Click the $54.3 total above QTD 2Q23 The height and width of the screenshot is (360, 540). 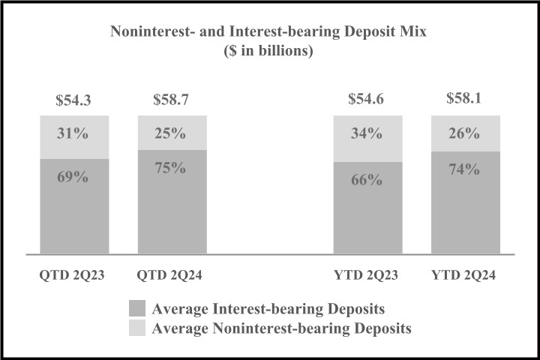coord(74,99)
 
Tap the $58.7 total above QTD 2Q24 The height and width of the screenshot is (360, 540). coord(172,99)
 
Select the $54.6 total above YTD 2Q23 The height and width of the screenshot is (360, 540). coord(367,99)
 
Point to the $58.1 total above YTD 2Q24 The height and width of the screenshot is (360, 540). coord(465,99)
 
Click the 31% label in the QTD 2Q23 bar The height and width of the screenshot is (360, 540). coord(74,135)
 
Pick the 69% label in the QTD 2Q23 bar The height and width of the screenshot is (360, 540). coord(74,178)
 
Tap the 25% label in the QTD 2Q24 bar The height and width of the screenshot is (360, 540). coord(172,135)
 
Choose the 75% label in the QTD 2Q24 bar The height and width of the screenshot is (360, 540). coord(172,167)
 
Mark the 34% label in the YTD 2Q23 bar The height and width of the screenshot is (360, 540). coord(367,135)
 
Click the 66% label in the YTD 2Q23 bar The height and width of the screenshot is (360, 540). coord(367,181)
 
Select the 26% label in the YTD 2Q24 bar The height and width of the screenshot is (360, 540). coord(465,135)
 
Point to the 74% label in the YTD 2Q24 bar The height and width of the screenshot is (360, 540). coord(465,169)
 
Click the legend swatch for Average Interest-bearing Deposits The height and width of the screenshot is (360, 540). coord(138,309)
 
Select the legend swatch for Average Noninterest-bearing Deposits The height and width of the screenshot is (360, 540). coord(138,327)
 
